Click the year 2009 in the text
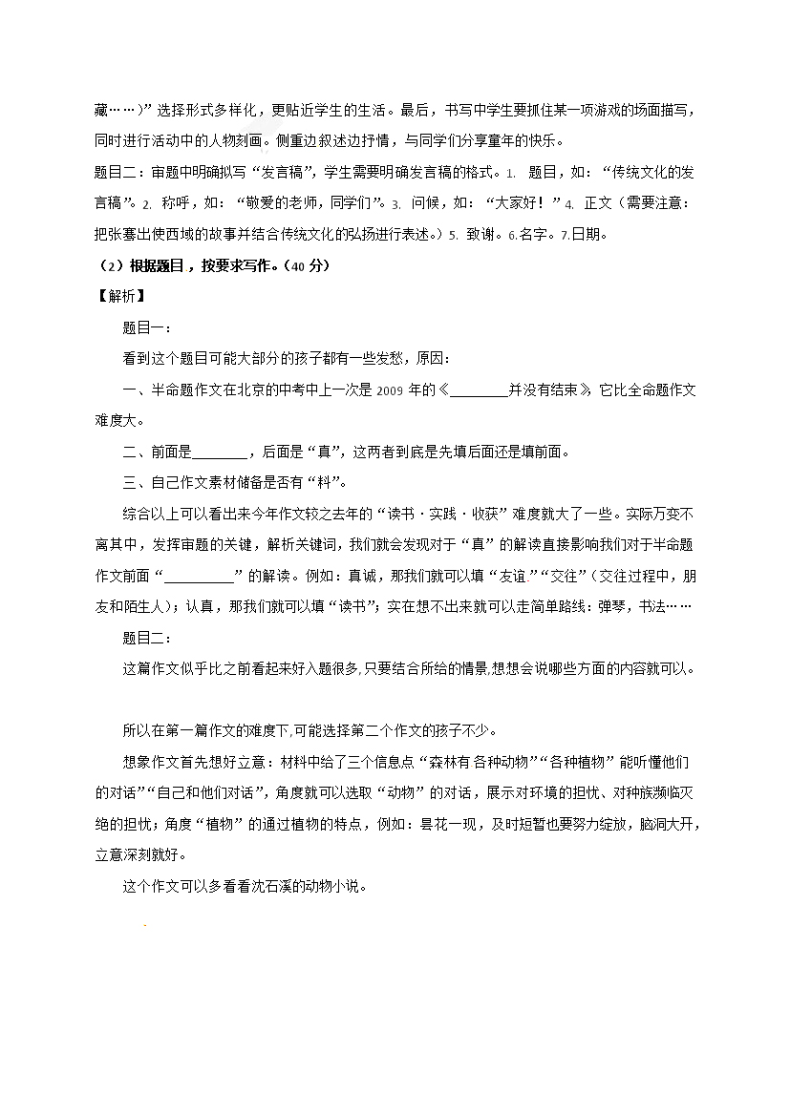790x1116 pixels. coord(392,390)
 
